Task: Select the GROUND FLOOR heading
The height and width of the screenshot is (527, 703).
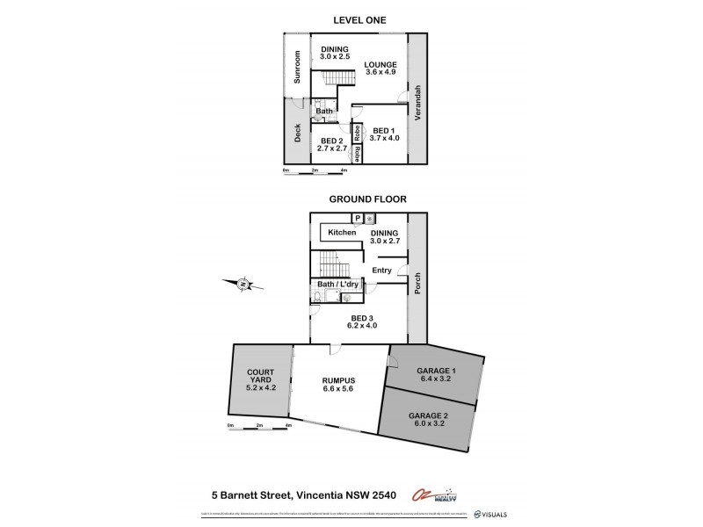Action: tap(367, 199)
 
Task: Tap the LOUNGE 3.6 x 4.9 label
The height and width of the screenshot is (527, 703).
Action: tap(381, 69)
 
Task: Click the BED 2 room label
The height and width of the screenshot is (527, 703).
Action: tap(331, 145)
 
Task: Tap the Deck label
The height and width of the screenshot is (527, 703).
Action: tap(297, 132)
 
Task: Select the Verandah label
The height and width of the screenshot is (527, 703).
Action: tap(418, 102)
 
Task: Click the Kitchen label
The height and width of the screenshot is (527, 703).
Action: tap(343, 232)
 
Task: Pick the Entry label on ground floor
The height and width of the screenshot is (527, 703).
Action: tap(381, 271)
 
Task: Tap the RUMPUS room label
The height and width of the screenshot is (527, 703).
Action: tap(338, 384)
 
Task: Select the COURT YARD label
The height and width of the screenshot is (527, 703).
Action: tap(261, 384)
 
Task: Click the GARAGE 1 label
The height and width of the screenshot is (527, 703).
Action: tap(436, 375)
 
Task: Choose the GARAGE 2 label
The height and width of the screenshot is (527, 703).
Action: tap(428, 420)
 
